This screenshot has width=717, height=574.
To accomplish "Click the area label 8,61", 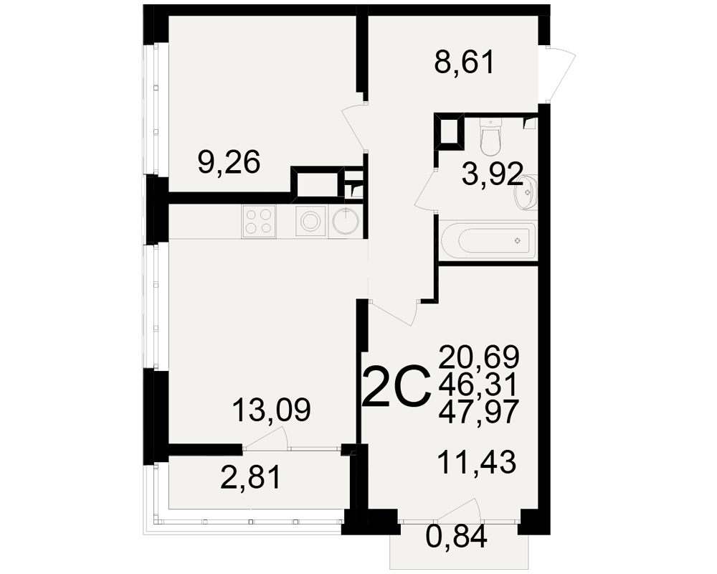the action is pyautogui.click(x=464, y=63).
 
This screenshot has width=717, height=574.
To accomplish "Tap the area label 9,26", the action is pyautogui.click(x=229, y=162).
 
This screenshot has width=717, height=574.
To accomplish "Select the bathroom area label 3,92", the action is pyautogui.click(x=492, y=174).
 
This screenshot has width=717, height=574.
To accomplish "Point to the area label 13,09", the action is pyautogui.click(x=272, y=410).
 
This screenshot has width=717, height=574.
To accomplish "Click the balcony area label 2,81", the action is pyautogui.click(x=250, y=479).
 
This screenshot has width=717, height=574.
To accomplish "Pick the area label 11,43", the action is pyautogui.click(x=477, y=461).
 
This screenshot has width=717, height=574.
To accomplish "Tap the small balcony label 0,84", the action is pyautogui.click(x=456, y=537).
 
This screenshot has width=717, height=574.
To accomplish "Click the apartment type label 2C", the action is pyautogui.click(x=397, y=386).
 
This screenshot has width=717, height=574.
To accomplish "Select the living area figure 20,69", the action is pyautogui.click(x=479, y=357).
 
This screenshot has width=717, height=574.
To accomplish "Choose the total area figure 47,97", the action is pyautogui.click(x=479, y=411).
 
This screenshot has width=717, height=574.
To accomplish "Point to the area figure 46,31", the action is pyautogui.click(x=478, y=384).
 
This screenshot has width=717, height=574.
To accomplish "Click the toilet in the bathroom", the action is pyautogui.click(x=491, y=136).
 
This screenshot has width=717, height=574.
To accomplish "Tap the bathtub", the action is pyautogui.click(x=488, y=240).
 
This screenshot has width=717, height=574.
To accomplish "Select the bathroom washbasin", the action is pyautogui.click(x=526, y=192).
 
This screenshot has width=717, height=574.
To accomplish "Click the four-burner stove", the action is pyautogui.click(x=260, y=222).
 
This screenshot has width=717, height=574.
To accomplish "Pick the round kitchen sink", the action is pyautogui.click(x=346, y=222).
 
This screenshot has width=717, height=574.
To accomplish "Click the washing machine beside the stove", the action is pyautogui.click(x=311, y=222).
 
